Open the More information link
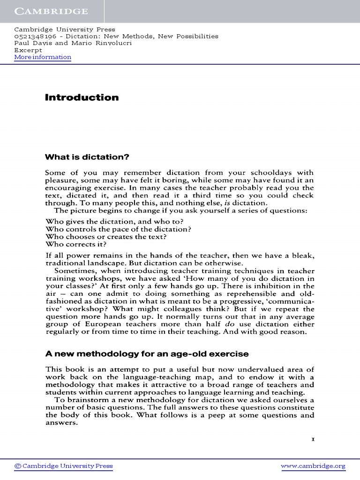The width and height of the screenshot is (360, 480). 43,57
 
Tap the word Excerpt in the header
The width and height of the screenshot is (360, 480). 28,50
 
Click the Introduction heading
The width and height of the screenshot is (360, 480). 82,97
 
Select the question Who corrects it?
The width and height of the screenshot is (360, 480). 76,244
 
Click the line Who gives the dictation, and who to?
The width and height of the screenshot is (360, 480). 114,221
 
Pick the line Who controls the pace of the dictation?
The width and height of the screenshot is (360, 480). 119,229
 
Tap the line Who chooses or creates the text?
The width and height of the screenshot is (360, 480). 106,237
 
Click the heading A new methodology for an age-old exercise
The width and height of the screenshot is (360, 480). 147,353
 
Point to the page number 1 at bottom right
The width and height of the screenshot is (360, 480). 313,439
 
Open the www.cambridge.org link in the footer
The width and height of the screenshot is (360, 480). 313,466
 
